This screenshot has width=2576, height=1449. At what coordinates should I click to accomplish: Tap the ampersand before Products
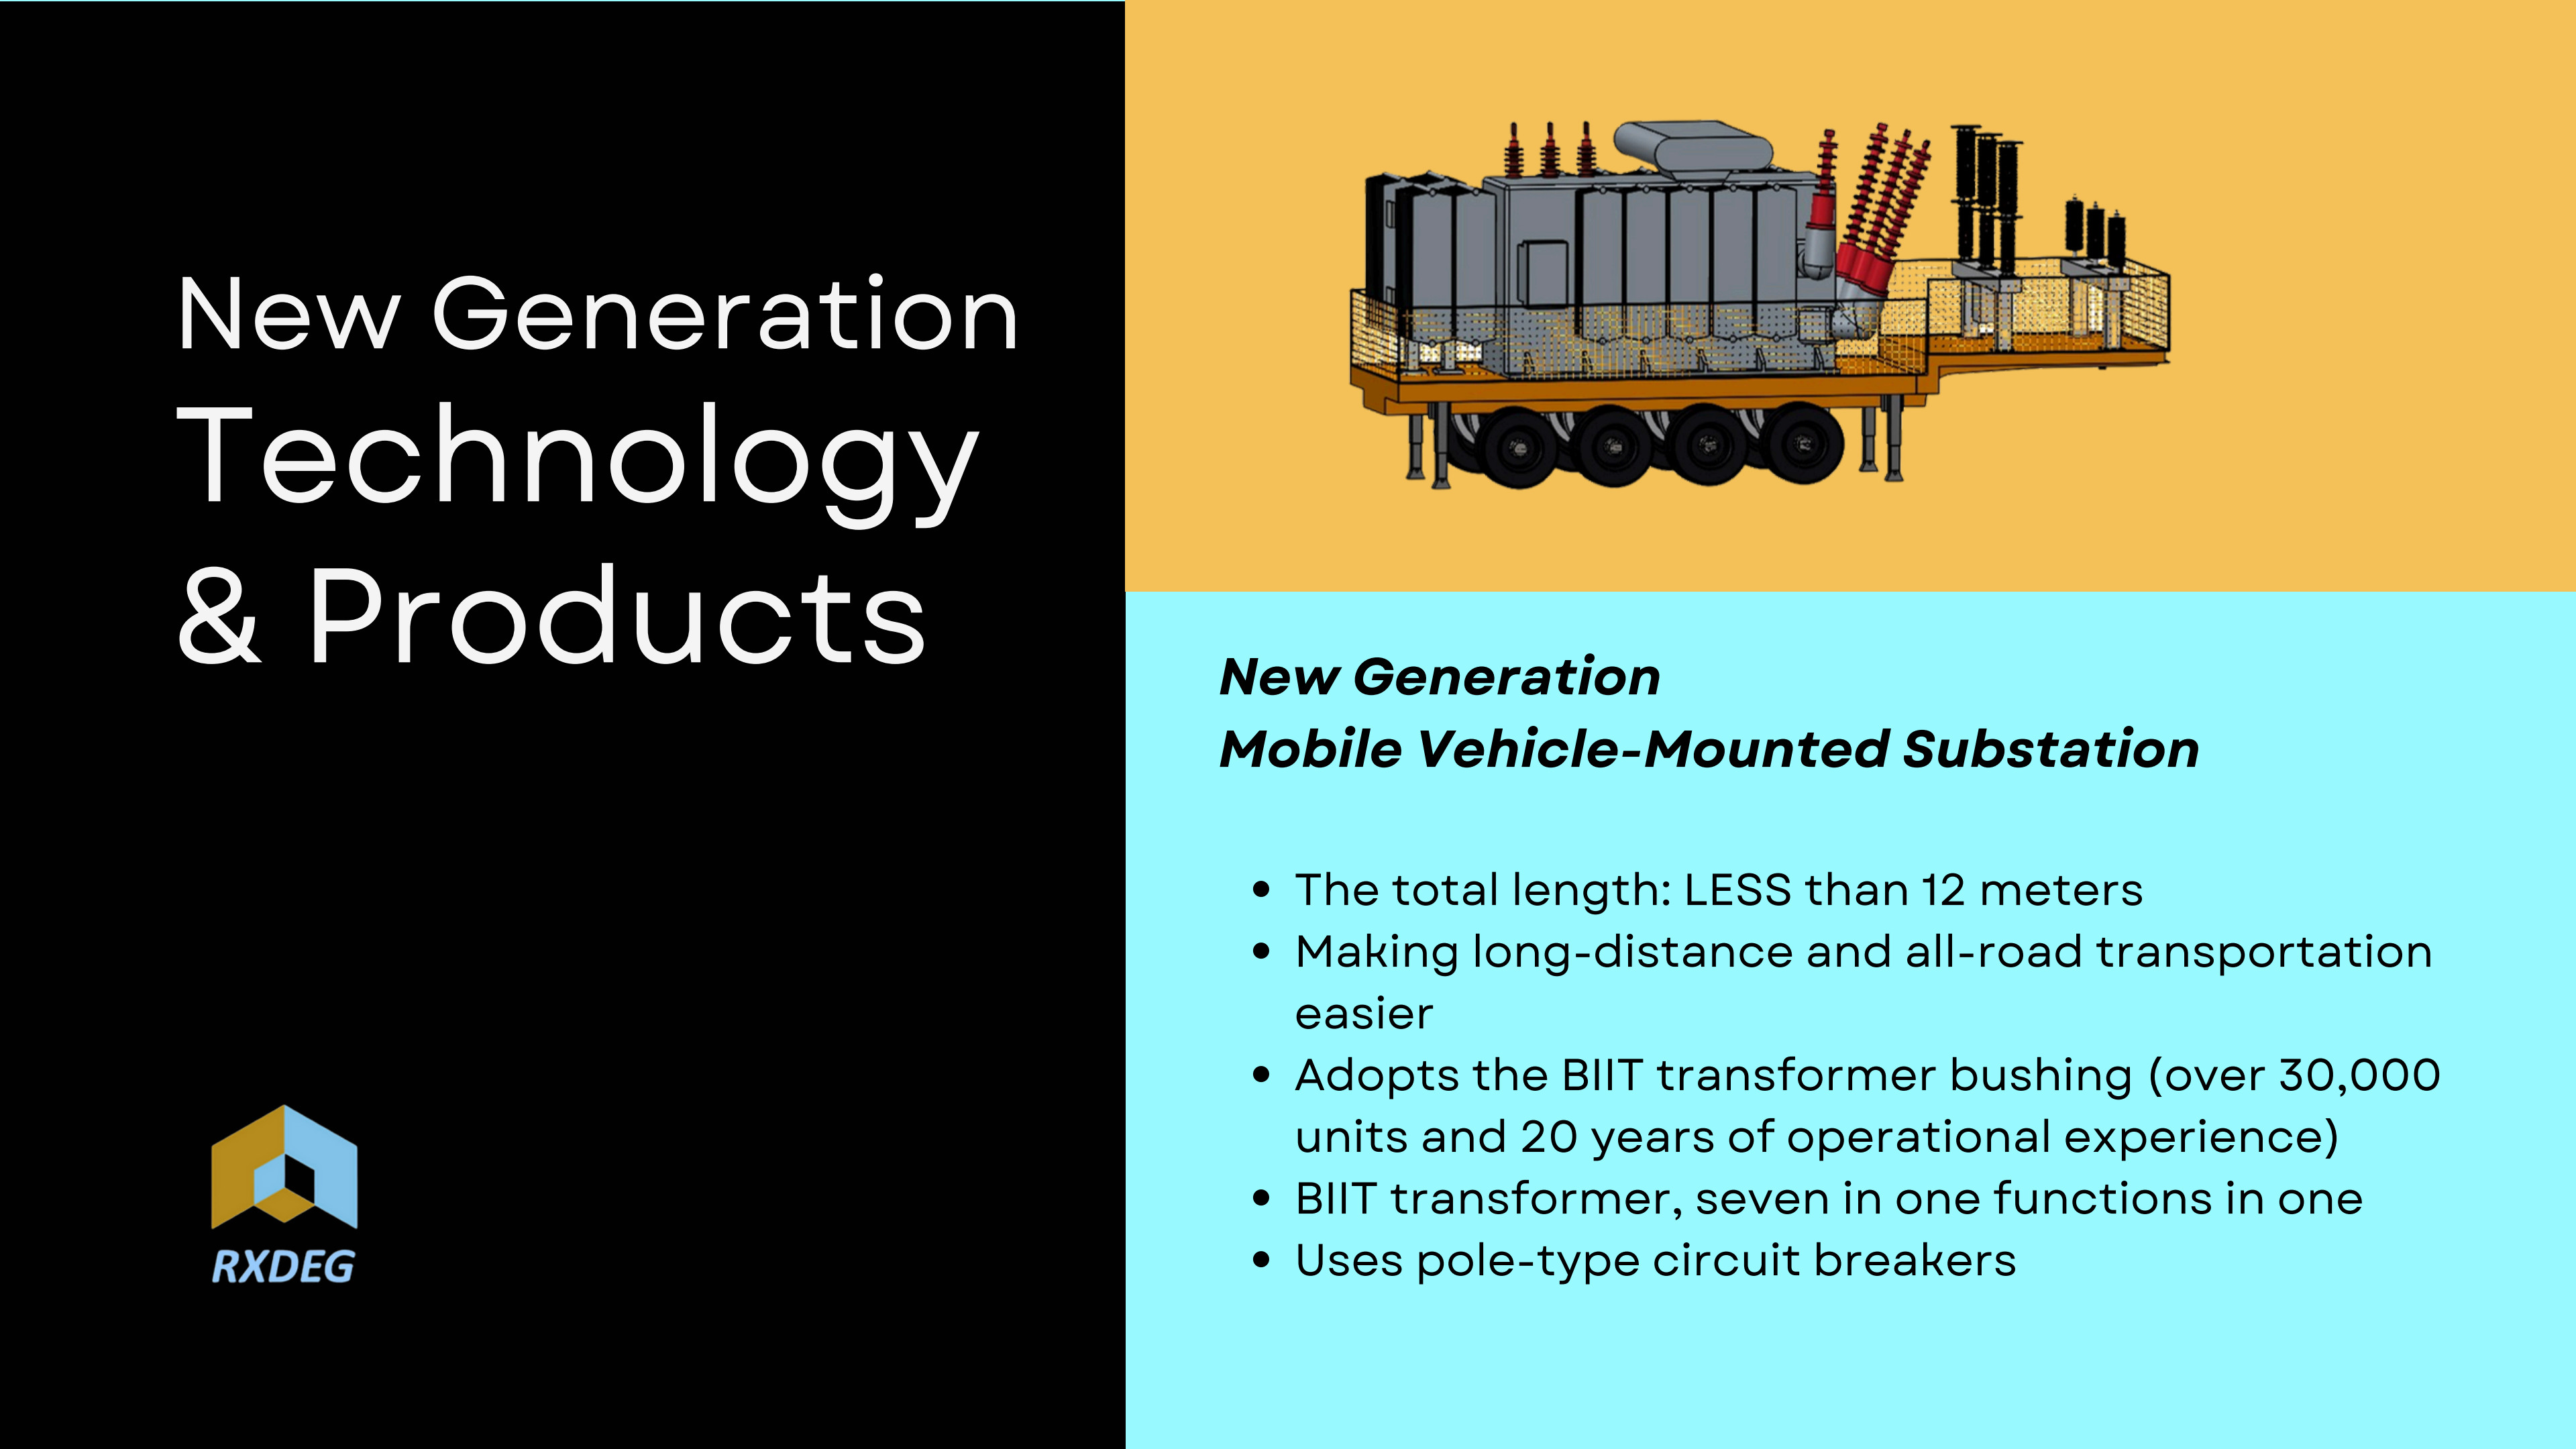[x=219, y=615]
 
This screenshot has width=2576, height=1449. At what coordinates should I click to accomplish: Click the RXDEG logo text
[x=283, y=1267]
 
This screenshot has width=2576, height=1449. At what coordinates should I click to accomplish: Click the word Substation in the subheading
[x=2050, y=749]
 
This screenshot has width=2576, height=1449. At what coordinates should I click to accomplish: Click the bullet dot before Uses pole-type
[x=1262, y=1261]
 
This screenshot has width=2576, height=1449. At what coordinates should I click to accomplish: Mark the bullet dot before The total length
[x=1262, y=890]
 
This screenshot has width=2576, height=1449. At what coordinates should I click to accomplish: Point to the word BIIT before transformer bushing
[x=1602, y=1075]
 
